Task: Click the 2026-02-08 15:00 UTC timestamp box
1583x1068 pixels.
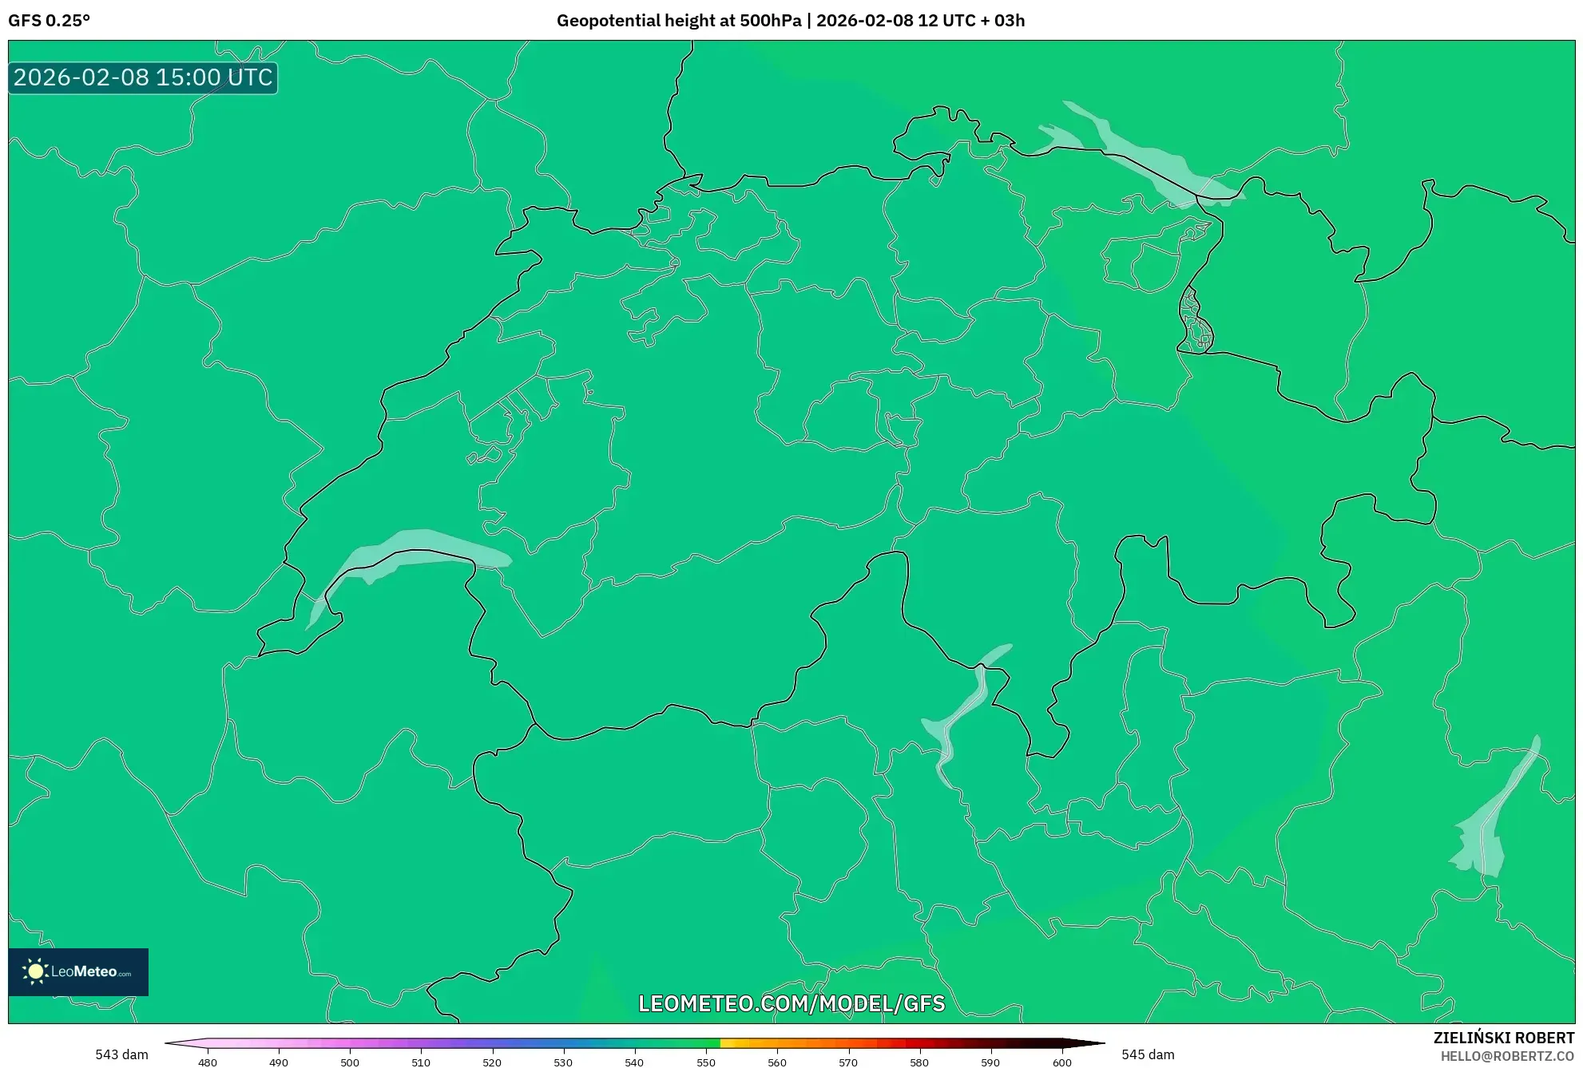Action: pyautogui.click(x=143, y=77)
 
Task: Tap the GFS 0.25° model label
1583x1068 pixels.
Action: pyautogui.click(x=49, y=21)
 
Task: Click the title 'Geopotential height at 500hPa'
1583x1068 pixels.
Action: pyautogui.click(x=678, y=21)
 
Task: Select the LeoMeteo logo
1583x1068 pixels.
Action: pyautogui.click(x=78, y=971)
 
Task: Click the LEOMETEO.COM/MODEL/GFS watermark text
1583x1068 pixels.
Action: pyautogui.click(x=791, y=1003)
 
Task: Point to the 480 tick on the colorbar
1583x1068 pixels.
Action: pyautogui.click(x=208, y=1062)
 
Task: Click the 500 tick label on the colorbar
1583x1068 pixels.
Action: pyautogui.click(x=350, y=1062)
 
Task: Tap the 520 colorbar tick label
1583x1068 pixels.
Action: pyautogui.click(x=492, y=1062)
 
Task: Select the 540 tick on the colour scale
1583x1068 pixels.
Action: pyautogui.click(x=634, y=1062)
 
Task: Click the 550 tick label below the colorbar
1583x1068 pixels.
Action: pyautogui.click(x=706, y=1062)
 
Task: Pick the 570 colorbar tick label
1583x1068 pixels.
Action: pyautogui.click(x=848, y=1062)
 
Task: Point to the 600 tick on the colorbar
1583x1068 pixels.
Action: pyautogui.click(x=1061, y=1062)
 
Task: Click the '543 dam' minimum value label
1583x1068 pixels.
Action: pyautogui.click(x=121, y=1054)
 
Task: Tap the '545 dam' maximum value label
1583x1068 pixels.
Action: pyautogui.click(x=1148, y=1054)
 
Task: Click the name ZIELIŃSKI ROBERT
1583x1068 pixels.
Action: pyautogui.click(x=1503, y=1038)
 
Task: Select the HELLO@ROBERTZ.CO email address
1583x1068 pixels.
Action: pyautogui.click(x=1506, y=1056)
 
